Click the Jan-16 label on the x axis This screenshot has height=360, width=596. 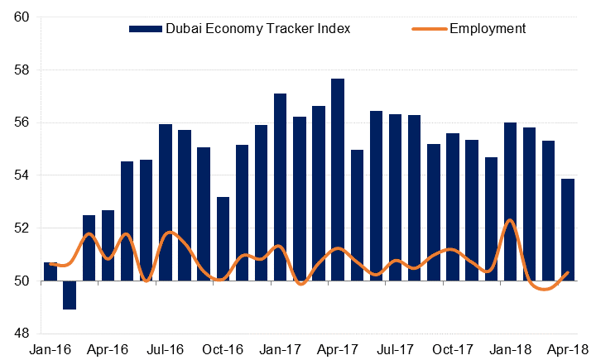click(x=48, y=350)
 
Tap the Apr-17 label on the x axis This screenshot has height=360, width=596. click(x=338, y=350)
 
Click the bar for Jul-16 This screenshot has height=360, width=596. click(x=166, y=202)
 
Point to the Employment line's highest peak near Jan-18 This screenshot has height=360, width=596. click(x=510, y=220)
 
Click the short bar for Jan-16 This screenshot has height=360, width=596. click(x=50, y=271)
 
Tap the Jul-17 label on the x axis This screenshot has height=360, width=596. click(x=396, y=350)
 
